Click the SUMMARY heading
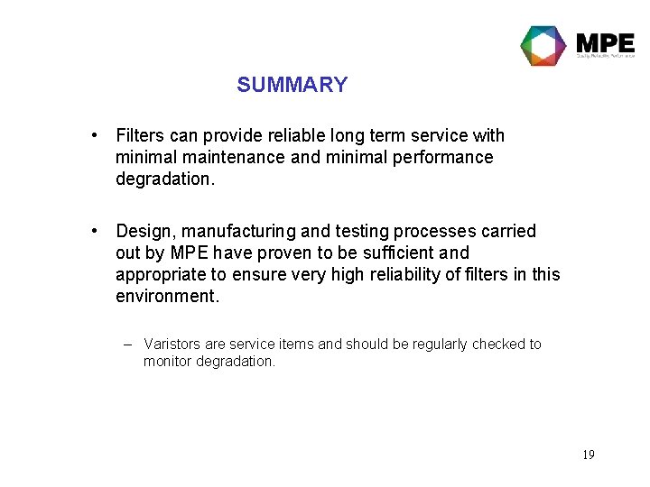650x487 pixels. [292, 85]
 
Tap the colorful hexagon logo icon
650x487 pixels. [543, 46]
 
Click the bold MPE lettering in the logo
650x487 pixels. [605, 41]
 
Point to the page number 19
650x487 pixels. [588, 455]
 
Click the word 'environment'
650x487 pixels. [165, 296]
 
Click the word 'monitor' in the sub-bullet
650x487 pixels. [169, 361]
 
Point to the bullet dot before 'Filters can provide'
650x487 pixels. [95, 135]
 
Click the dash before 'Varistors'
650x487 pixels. [129, 344]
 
